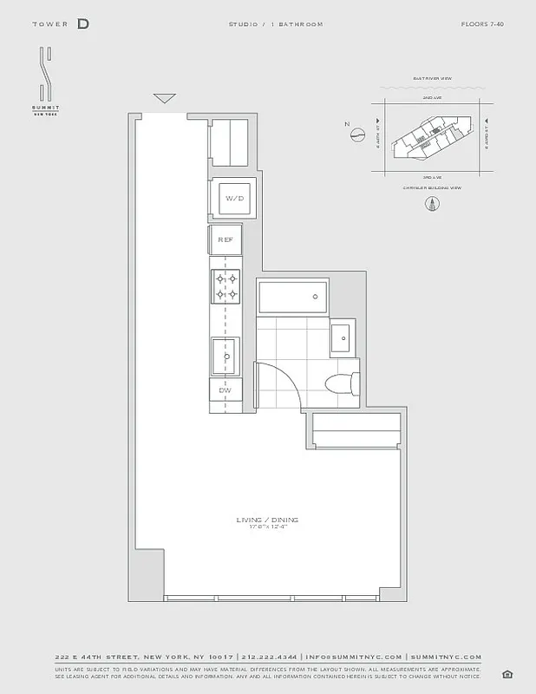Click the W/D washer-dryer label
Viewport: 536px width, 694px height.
pyautogui.click(x=234, y=199)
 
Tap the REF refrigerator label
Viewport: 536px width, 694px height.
pyautogui.click(x=226, y=239)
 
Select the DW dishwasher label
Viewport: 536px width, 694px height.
pyautogui.click(x=225, y=390)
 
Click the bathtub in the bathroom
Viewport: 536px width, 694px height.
pyautogui.click(x=292, y=298)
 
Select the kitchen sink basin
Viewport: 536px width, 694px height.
pyautogui.click(x=226, y=355)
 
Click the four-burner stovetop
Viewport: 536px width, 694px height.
pyautogui.click(x=226, y=286)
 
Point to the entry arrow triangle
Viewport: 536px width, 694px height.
pyautogui.click(x=164, y=98)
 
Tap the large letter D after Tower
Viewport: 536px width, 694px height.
pyautogui.click(x=82, y=24)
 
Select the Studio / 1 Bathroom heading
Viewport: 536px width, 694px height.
pyautogui.click(x=287, y=24)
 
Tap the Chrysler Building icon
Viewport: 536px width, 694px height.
pyautogui.click(x=430, y=205)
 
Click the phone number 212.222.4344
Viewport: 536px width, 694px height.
pyautogui.click(x=270, y=658)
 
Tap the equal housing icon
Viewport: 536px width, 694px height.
pyautogui.click(x=507, y=675)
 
